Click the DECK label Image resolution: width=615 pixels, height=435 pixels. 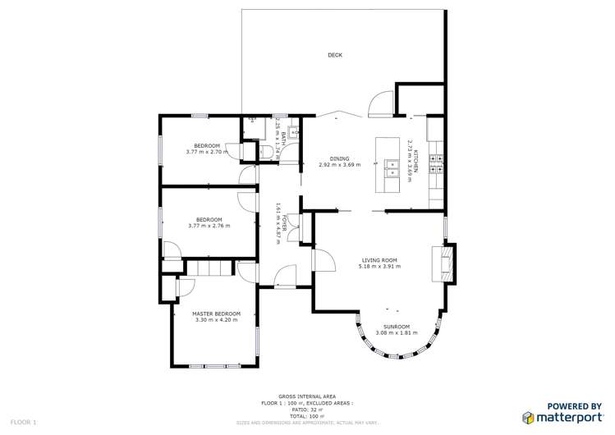point(334,55)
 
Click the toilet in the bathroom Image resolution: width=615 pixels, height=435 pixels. point(267,150)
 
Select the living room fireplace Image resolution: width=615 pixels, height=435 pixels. point(443,264)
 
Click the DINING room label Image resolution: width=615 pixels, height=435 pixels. point(339,158)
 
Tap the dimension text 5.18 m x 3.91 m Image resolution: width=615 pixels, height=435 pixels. point(379,266)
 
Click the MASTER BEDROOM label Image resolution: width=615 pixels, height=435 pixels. point(216,314)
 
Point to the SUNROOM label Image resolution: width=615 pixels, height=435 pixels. point(397,327)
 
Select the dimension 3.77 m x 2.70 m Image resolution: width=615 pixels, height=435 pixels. point(206,152)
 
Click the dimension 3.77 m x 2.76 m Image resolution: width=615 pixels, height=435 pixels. point(209,226)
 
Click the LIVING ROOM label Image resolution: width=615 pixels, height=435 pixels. point(379,260)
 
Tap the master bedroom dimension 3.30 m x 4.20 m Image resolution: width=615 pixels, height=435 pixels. point(216,319)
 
